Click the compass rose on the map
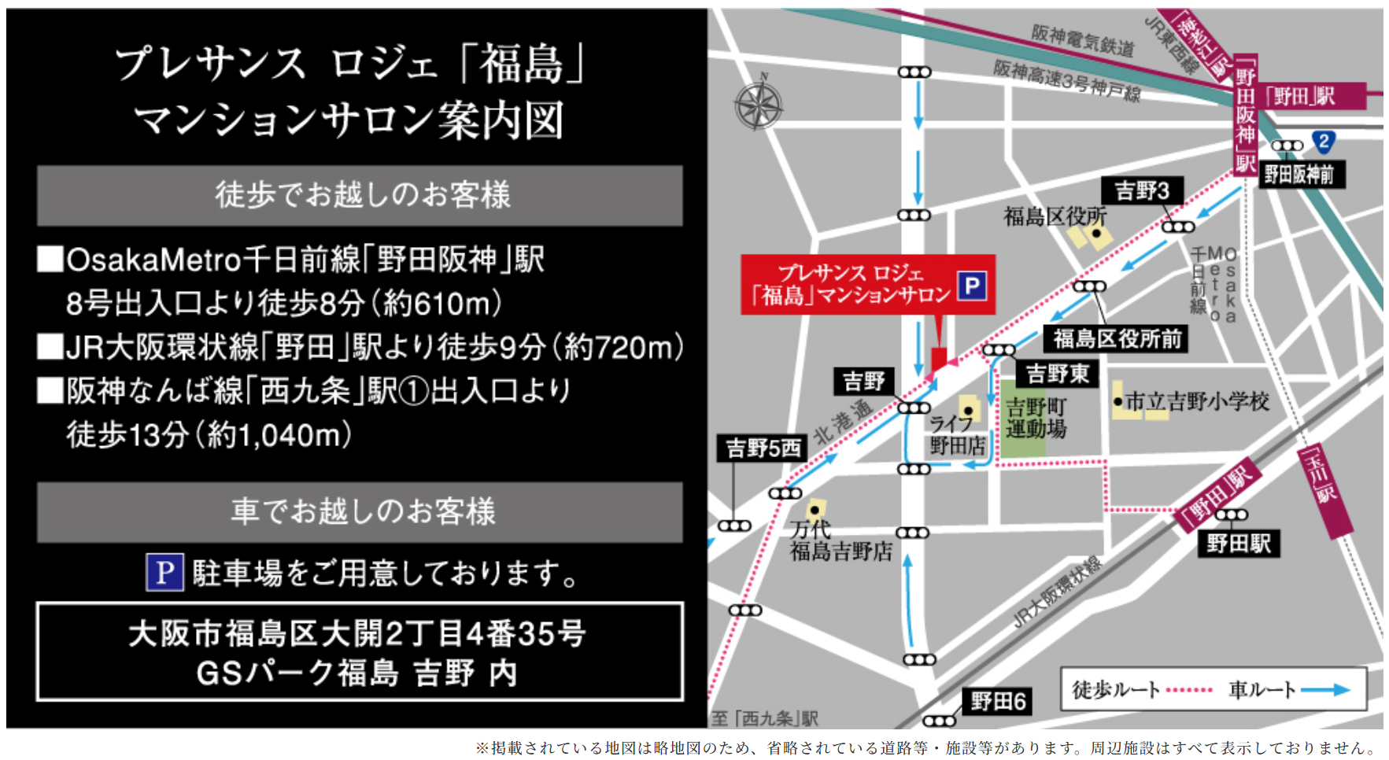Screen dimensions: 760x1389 point(759,105)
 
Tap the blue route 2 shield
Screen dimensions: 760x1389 point(1324,142)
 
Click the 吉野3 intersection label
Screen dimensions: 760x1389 point(1142,190)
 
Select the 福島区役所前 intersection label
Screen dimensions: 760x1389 point(1117,339)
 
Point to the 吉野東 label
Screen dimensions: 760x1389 point(1057,373)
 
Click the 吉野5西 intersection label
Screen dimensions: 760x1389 point(763,448)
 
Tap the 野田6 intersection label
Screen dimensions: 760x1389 point(998,700)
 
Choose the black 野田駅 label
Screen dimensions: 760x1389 point(1238,543)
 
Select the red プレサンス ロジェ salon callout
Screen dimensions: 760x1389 point(850,285)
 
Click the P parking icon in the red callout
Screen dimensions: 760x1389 point(972,285)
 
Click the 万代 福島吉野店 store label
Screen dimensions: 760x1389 point(840,540)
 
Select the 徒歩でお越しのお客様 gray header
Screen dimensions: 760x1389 point(360,195)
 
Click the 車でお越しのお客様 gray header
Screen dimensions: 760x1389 point(360,512)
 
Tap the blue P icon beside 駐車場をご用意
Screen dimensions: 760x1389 point(164,573)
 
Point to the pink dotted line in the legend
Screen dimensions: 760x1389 point(1189,690)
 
